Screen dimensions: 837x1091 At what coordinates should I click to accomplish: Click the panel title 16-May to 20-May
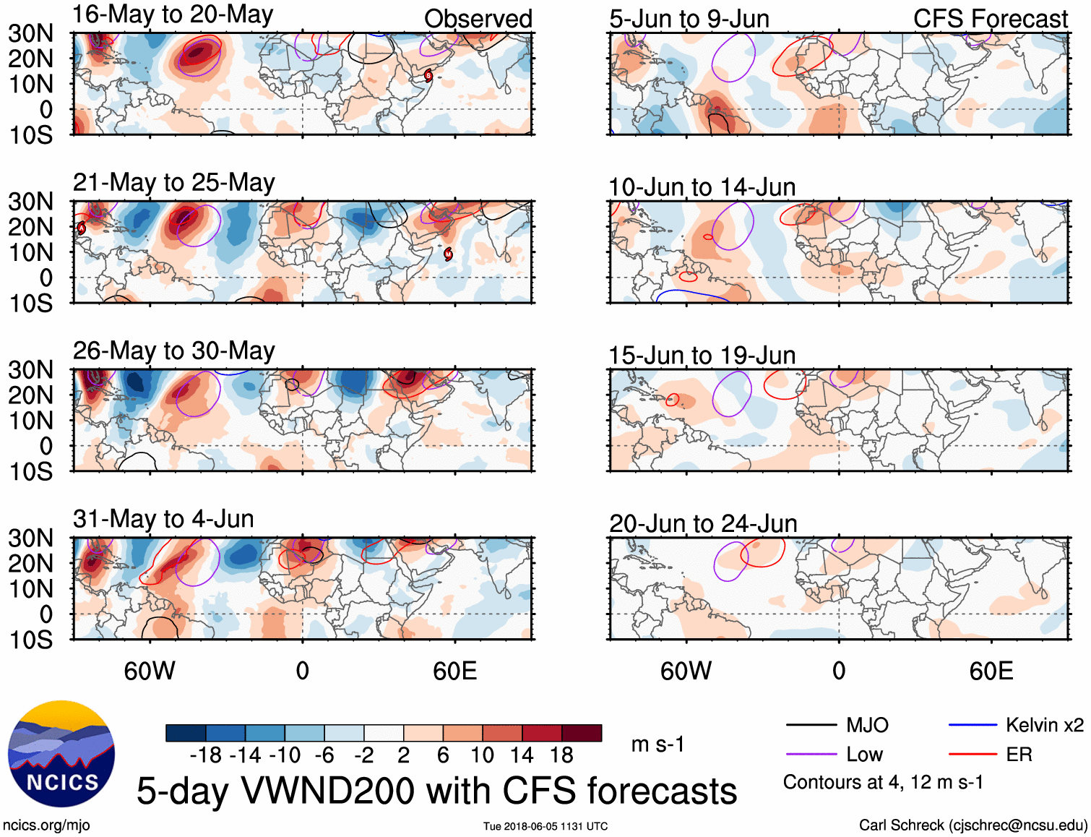[173, 15]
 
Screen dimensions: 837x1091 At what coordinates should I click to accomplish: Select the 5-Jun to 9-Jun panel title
[689, 20]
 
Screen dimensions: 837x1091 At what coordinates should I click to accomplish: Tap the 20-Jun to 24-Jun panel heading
[703, 523]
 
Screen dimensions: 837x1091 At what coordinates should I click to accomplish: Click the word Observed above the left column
[478, 19]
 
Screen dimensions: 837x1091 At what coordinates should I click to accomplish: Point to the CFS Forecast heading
[990, 20]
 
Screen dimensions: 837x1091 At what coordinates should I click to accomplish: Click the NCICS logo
[61, 753]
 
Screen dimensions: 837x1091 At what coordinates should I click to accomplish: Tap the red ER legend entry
[1019, 755]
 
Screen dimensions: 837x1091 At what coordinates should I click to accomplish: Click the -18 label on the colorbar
[206, 755]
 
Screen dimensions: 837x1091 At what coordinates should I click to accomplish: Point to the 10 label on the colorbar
[482, 755]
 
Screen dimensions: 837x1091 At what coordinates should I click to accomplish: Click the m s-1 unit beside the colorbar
[657, 744]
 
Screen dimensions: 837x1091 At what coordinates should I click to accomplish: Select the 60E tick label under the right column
[991, 671]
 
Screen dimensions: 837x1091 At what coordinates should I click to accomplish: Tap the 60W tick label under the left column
[150, 671]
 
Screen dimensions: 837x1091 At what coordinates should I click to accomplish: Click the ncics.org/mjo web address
[46, 825]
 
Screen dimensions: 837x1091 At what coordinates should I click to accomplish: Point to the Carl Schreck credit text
[973, 825]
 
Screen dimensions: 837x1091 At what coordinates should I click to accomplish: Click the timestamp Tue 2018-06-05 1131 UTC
[545, 826]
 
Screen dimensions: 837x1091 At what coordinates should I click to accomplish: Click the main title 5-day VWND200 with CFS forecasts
[436, 791]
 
